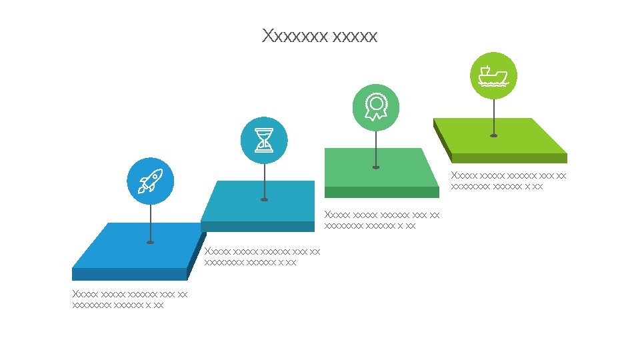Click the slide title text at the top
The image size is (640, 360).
(320, 35)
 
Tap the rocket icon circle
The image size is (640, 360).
(151, 181)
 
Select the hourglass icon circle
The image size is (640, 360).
(265, 141)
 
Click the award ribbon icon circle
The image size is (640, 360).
(376, 107)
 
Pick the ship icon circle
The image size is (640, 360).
(493, 75)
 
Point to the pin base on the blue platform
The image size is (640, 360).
(151, 242)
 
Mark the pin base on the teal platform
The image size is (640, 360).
(265, 199)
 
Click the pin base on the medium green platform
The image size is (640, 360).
(376, 167)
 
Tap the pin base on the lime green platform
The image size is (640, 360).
(493, 135)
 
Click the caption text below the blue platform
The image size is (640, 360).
(129, 299)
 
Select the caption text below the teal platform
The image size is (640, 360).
(262, 257)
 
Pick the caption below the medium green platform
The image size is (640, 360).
(381, 220)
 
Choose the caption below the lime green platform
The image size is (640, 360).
(508, 181)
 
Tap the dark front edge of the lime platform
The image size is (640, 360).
(510, 159)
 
